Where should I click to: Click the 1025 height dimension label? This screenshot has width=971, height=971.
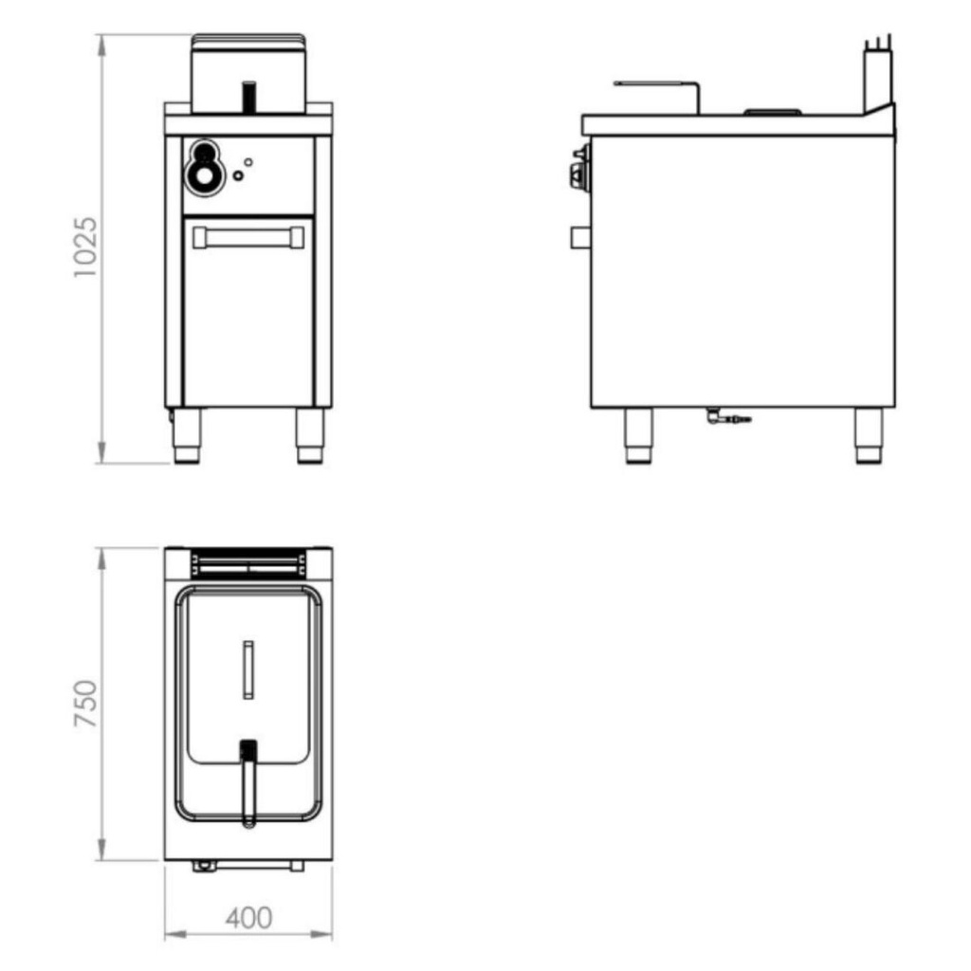[86, 248]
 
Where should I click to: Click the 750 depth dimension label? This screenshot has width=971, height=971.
[86, 704]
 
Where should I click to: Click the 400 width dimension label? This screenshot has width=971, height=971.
[248, 917]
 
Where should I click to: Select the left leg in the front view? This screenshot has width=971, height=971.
[187, 436]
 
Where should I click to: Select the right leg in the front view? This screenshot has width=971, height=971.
[309, 436]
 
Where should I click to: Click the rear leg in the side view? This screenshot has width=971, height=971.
[868, 436]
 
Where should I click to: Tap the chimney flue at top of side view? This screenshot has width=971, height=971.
[877, 76]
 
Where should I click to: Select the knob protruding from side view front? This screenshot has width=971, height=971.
[577, 174]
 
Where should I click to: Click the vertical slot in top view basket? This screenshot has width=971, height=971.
[247, 669]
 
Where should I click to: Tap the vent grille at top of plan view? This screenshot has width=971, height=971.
[247, 565]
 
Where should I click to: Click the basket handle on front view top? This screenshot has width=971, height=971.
[248, 96]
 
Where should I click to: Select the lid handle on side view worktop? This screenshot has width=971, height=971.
[773, 112]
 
